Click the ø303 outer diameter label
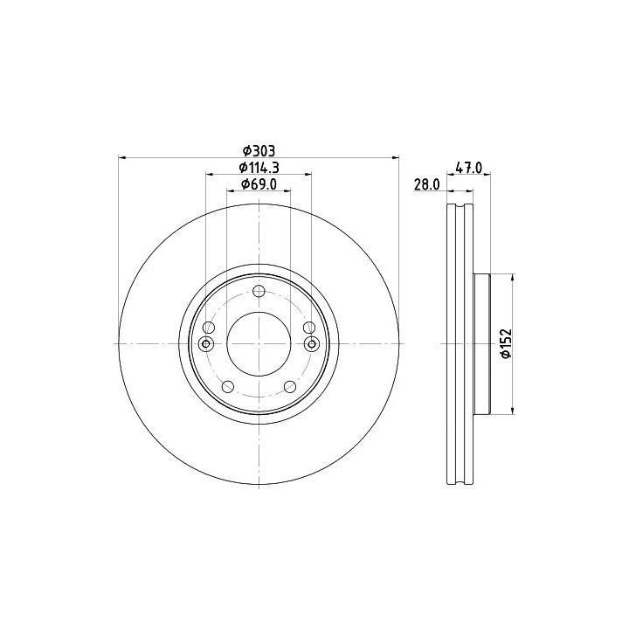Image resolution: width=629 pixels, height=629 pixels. tap(259, 151)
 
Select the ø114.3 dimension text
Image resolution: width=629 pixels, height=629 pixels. tap(259, 167)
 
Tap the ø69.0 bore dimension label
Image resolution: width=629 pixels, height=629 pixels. tap(259, 184)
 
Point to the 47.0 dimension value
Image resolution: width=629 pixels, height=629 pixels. tap(469, 167)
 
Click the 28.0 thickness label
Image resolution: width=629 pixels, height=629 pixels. tap(427, 184)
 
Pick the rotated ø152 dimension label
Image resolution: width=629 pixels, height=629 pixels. tap(506, 343)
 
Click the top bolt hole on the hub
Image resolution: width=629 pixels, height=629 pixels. tap(259, 291)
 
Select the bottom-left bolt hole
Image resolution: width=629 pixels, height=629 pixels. tap(228, 387)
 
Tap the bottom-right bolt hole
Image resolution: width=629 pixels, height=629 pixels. tap(290, 387)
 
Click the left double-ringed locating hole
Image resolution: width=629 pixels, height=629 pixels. tap(206, 344)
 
